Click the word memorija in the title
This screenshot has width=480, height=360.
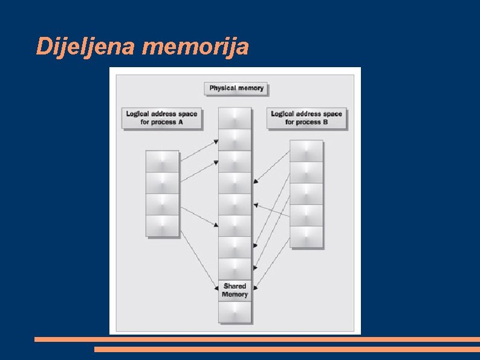tap(195, 46)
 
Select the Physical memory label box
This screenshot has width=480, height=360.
tap(236, 88)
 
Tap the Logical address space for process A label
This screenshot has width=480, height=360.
tap(161, 117)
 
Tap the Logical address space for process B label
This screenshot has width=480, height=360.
tap(306, 117)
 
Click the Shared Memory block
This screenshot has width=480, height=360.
tap(235, 290)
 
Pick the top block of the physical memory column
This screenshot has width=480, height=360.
tap(235, 118)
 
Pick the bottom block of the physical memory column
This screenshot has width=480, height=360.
tap(235, 312)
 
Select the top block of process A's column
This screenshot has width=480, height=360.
tap(163, 162)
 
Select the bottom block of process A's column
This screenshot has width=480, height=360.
tap(163, 226)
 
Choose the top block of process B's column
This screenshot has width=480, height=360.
tap(306, 151)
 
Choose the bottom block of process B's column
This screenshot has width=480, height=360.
tap(306, 237)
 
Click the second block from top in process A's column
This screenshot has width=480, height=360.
tap(163, 183)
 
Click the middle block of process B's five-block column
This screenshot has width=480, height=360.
tap(306, 194)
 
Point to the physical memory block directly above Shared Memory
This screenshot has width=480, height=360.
tap(235, 269)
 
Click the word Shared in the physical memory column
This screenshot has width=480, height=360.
tap(235, 286)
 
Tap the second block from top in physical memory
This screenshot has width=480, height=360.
tap(235, 139)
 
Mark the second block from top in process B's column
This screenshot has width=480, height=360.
tap(306, 172)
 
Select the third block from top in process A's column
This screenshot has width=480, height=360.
tap(163, 205)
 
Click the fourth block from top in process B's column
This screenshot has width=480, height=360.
tap(306, 215)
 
